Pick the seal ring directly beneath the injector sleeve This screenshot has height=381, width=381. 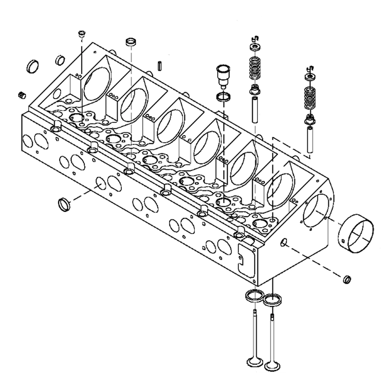pos(223,97)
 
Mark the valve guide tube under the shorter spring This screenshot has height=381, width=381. pos(310,139)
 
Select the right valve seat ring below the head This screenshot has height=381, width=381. pos(273,300)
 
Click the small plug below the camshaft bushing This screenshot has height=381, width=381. pos(347,279)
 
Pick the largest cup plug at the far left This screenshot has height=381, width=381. pos(33,66)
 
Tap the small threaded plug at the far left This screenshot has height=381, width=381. pos(22,95)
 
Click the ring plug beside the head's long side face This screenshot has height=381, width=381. pos(64,204)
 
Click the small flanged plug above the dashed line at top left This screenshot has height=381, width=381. pos(82,34)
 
